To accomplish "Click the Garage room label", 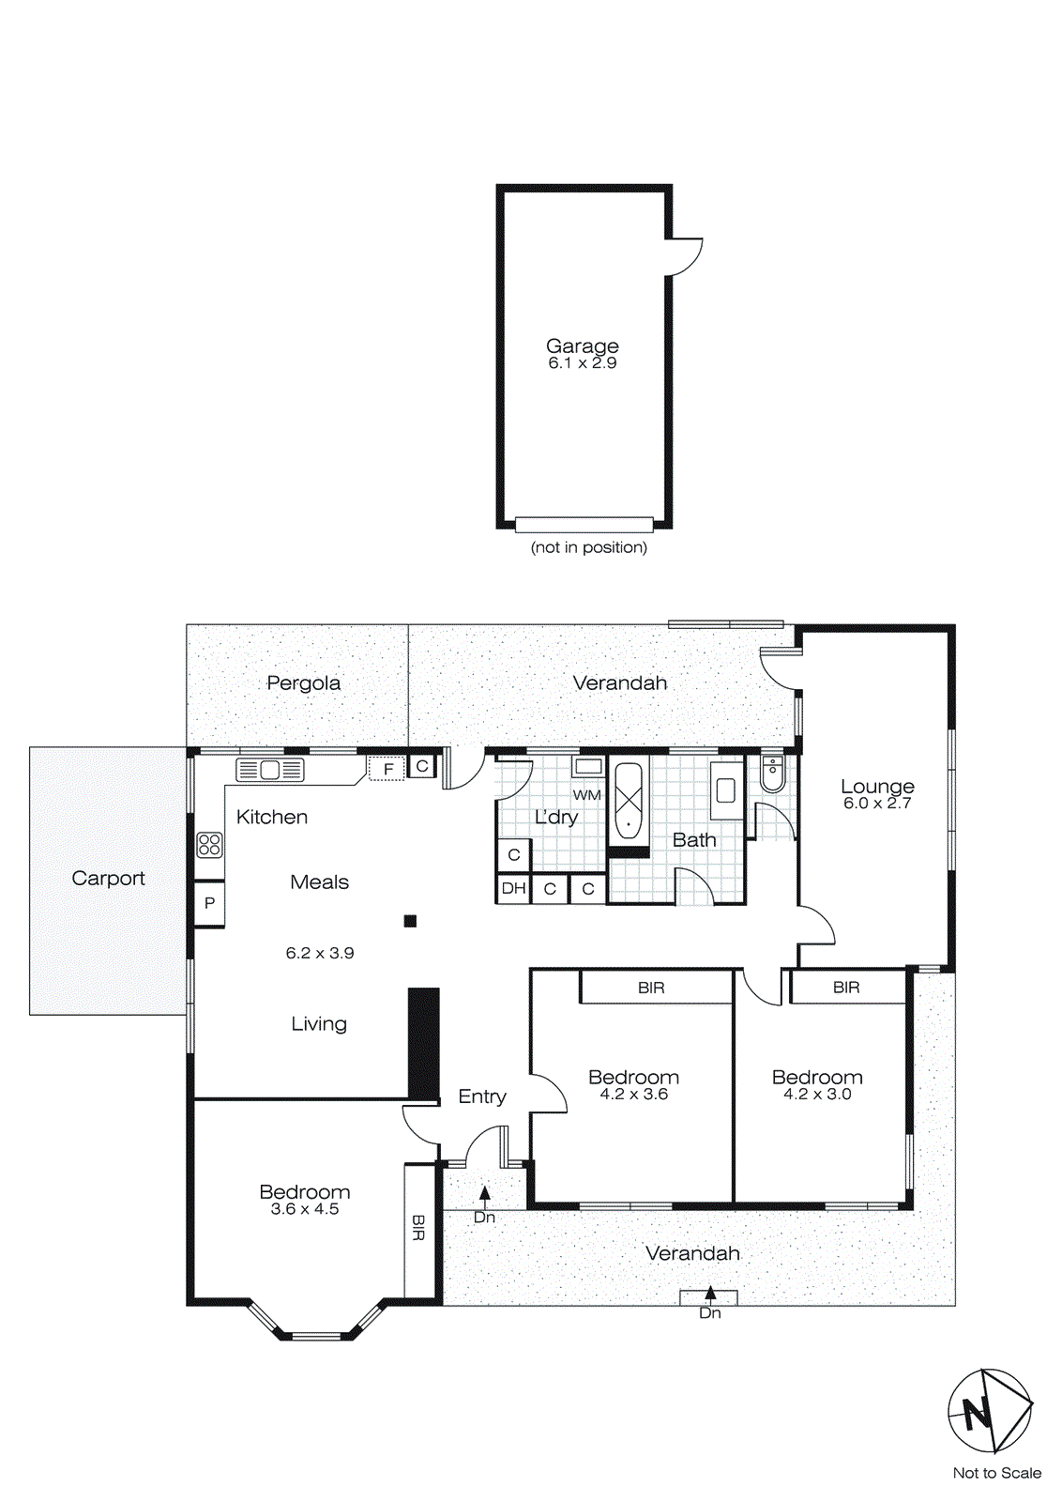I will click(582, 345).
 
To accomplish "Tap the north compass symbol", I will click(989, 1411).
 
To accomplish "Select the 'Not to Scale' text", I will click(996, 1473).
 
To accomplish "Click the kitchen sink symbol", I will click(270, 770).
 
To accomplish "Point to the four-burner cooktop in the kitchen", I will click(209, 844).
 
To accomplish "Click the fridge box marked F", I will click(387, 769).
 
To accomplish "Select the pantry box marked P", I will click(209, 903).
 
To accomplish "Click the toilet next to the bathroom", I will click(771, 774).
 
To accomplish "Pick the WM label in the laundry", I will click(586, 795).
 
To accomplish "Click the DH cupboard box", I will click(513, 888).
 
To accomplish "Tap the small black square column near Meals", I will click(410, 921).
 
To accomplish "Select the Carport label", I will click(108, 878).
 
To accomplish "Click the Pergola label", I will click(303, 682).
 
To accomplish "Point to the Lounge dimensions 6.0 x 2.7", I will click(876, 804).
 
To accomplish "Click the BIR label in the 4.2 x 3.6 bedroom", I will click(651, 988).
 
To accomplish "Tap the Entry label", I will click(481, 1096).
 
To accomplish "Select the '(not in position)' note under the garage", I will click(588, 547).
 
